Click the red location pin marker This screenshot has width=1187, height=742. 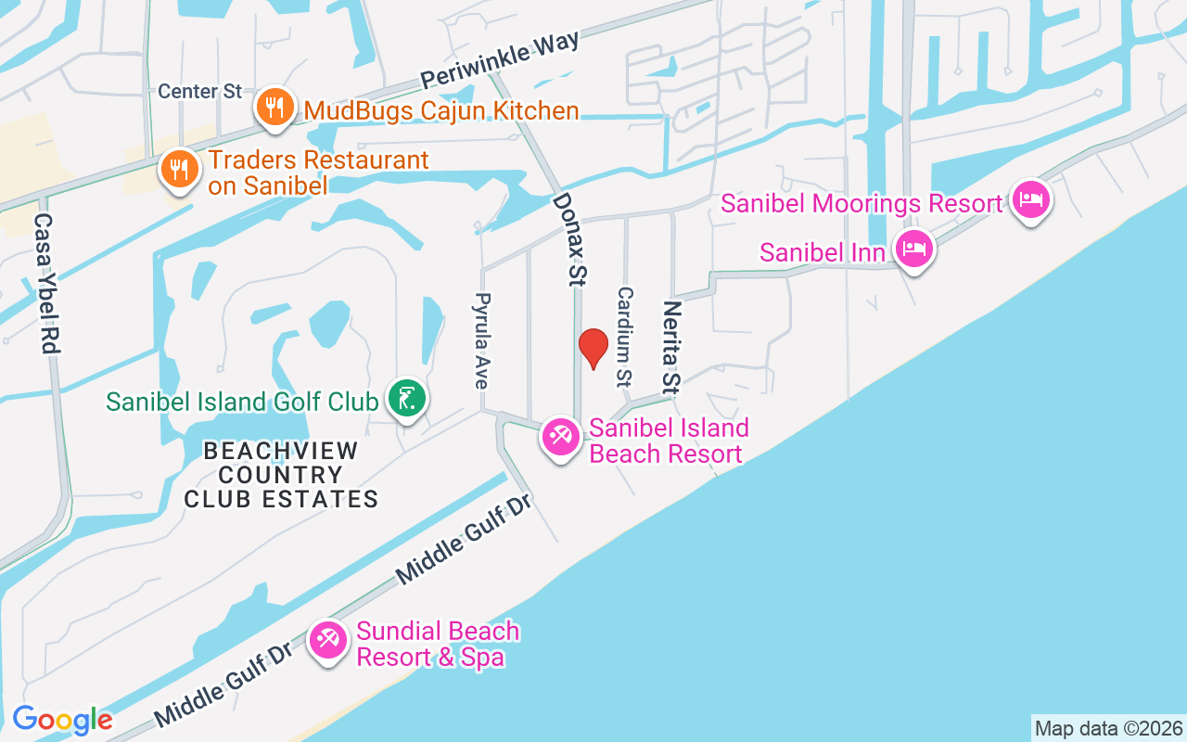pyautogui.click(x=593, y=348)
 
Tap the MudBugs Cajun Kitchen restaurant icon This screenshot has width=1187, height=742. pyautogui.click(x=274, y=108)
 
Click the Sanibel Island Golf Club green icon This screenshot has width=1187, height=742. pyautogui.click(x=406, y=399)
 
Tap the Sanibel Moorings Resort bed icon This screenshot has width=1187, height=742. pyautogui.click(x=1031, y=199)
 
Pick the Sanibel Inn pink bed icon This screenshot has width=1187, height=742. pyautogui.click(x=914, y=249)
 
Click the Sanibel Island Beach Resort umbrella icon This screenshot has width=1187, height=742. pyautogui.click(x=560, y=436)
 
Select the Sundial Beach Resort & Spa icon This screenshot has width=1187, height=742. pyautogui.click(x=328, y=640)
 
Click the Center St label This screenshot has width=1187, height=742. pyautogui.click(x=199, y=91)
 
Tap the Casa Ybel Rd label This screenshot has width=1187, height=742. pyautogui.click(x=46, y=283)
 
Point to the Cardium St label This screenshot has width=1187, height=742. pyautogui.click(x=624, y=336)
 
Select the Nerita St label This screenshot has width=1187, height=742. pyautogui.click(x=671, y=347)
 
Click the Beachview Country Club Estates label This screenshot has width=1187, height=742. pyautogui.click(x=281, y=475)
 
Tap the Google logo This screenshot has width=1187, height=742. pyautogui.click(x=62, y=719)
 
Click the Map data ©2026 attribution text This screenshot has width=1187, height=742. pyautogui.click(x=1108, y=728)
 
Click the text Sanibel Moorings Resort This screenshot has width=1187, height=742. pyautogui.click(x=862, y=203)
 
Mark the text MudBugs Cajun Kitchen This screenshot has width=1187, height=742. pyautogui.click(x=441, y=111)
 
